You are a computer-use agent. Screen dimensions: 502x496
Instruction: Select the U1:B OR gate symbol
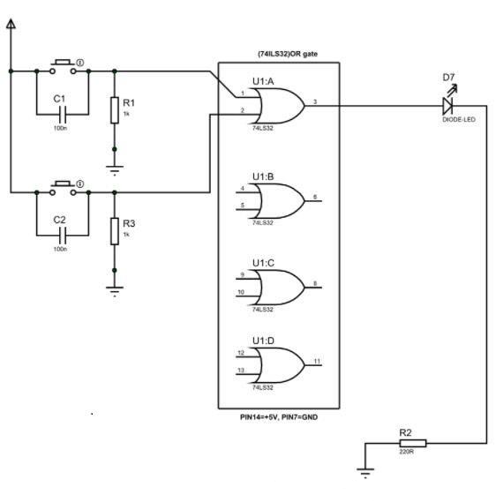[x=277, y=201]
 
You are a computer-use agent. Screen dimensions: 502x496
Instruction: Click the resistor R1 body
[x=114, y=110]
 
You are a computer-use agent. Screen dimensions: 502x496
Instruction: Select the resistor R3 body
[x=114, y=231]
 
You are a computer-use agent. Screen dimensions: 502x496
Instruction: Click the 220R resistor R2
[x=411, y=443]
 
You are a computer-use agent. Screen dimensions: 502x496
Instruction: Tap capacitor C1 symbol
[x=63, y=114]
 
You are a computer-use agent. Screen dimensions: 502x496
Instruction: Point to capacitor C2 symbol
[x=63, y=235]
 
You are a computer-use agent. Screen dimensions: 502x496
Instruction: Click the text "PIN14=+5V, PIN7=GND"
[x=278, y=416]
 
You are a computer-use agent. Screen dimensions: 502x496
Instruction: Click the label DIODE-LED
[x=458, y=120]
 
